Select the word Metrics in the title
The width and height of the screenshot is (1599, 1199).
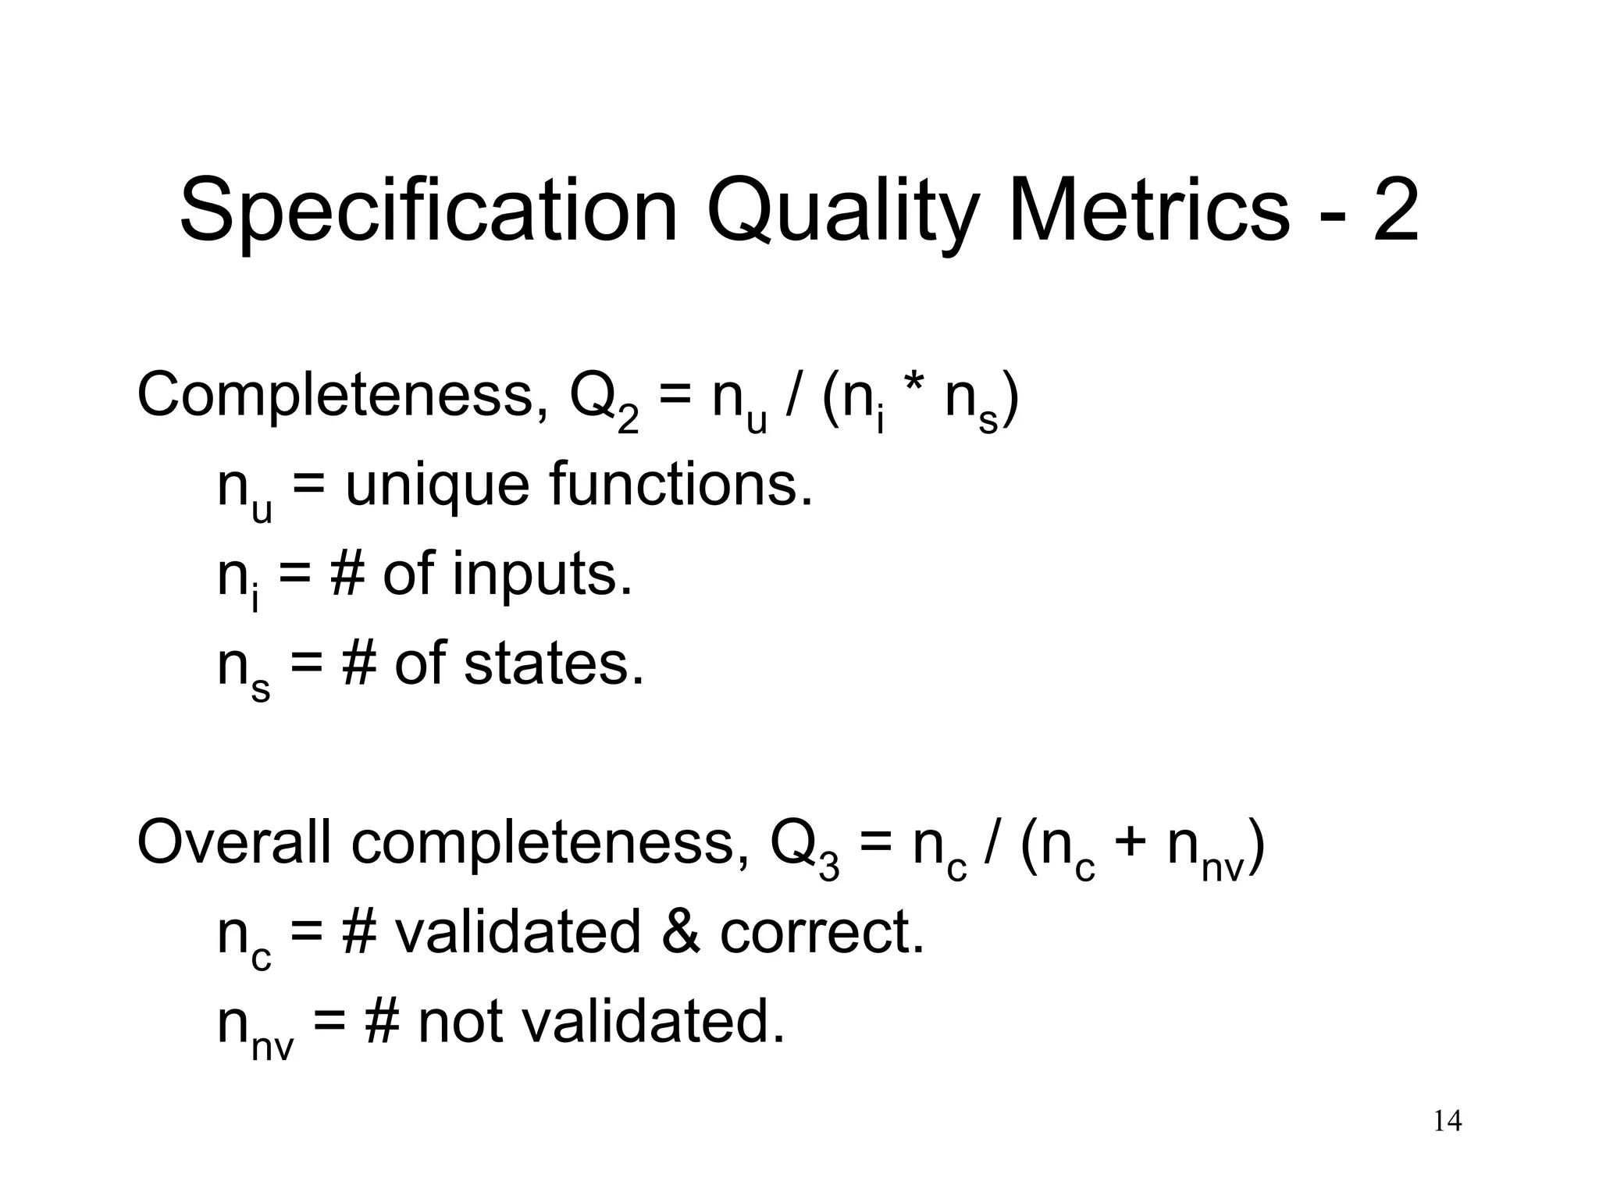(x=1149, y=211)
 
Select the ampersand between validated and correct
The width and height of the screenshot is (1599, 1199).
(x=679, y=933)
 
